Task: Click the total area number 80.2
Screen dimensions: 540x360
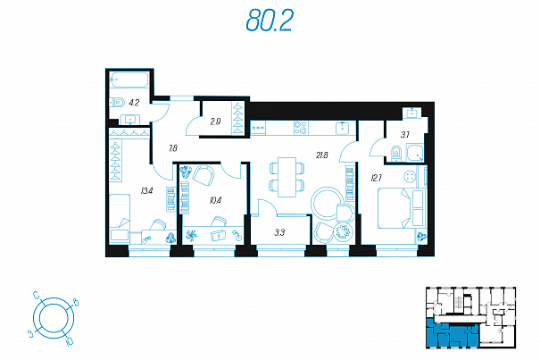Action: pyautogui.click(x=270, y=21)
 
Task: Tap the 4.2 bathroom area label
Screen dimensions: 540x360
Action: pyautogui.click(x=134, y=103)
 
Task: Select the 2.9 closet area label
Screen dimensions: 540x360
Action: pyautogui.click(x=216, y=121)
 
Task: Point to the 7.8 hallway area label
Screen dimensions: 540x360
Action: pyautogui.click(x=173, y=148)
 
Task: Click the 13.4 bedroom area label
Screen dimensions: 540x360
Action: pyautogui.click(x=146, y=190)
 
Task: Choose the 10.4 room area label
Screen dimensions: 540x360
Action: pyautogui.click(x=215, y=200)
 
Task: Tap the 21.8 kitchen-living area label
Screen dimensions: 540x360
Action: pyautogui.click(x=322, y=155)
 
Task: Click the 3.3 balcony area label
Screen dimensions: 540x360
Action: pyautogui.click(x=279, y=233)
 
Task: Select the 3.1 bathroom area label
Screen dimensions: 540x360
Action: pyautogui.click(x=405, y=135)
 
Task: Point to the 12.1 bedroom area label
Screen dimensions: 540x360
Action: pyautogui.click(x=376, y=179)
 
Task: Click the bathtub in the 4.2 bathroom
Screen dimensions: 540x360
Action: pyautogui.click(x=129, y=80)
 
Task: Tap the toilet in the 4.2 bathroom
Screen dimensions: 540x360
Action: pyautogui.click(x=118, y=103)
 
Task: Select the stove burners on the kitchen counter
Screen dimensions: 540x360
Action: pyautogui.click(x=301, y=128)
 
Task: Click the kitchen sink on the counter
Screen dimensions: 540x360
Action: pyautogui.click(x=343, y=127)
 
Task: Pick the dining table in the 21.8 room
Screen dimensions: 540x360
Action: pyautogui.click(x=287, y=177)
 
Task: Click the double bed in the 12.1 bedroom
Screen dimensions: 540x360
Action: pyautogui.click(x=395, y=208)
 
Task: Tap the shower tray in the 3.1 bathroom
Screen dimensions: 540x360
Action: pyautogui.click(x=415, y=153)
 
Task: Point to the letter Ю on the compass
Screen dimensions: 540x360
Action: pyautogui.click(x=69, y=341)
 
